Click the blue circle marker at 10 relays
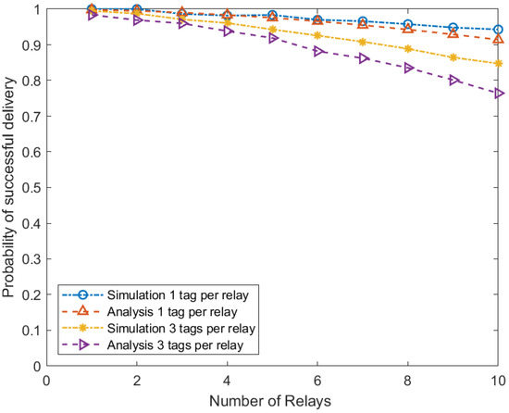pyautogui.click(x=499, y=30)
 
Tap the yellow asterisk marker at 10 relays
pyautogui.click(x=499, y=64)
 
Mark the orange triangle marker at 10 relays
pyautogui.click(x=499, y=39)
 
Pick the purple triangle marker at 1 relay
pyautogui.click(x=92, y=15)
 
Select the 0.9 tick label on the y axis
pyautogui.click(x=31, y=44)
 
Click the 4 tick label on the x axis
pyautogui.click(x=227, y=380)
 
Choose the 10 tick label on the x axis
pyautogui.click(x=498, y=380)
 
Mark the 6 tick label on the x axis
pyautogui.click(x=317, y=380)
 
